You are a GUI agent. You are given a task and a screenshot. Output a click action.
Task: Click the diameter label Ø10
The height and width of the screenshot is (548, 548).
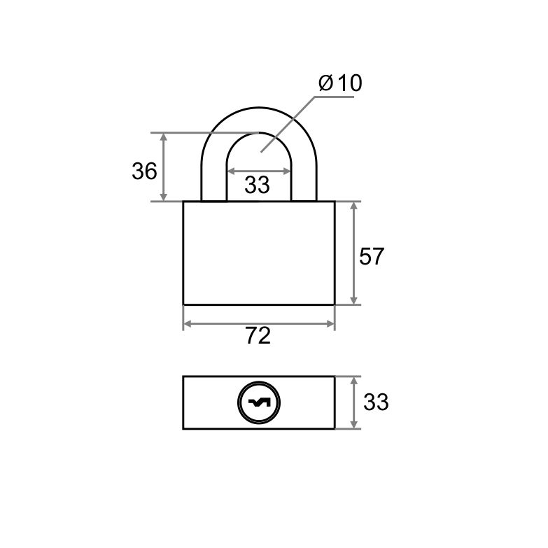click(340, 83)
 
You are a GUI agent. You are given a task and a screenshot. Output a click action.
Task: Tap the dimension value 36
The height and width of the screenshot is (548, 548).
click(144, 171)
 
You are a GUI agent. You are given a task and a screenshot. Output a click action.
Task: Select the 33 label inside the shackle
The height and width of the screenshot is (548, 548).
click(258, 185)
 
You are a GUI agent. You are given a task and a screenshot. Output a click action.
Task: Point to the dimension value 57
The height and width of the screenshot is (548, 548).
click(372, 256)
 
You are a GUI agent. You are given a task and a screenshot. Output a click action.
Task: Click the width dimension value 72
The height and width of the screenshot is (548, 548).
click(258, 336)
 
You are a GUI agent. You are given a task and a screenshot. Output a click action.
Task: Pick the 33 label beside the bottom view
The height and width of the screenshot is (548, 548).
click(376, 402)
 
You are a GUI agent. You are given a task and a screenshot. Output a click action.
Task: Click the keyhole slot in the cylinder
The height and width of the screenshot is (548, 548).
click(259, 403)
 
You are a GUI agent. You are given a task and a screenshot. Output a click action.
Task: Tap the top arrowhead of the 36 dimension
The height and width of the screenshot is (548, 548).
click(163, 137)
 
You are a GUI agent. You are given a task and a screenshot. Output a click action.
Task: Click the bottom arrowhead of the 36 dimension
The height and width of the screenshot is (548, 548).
click(163, 197)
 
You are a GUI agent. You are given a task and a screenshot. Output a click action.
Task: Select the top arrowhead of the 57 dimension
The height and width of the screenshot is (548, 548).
click(353, 206)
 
